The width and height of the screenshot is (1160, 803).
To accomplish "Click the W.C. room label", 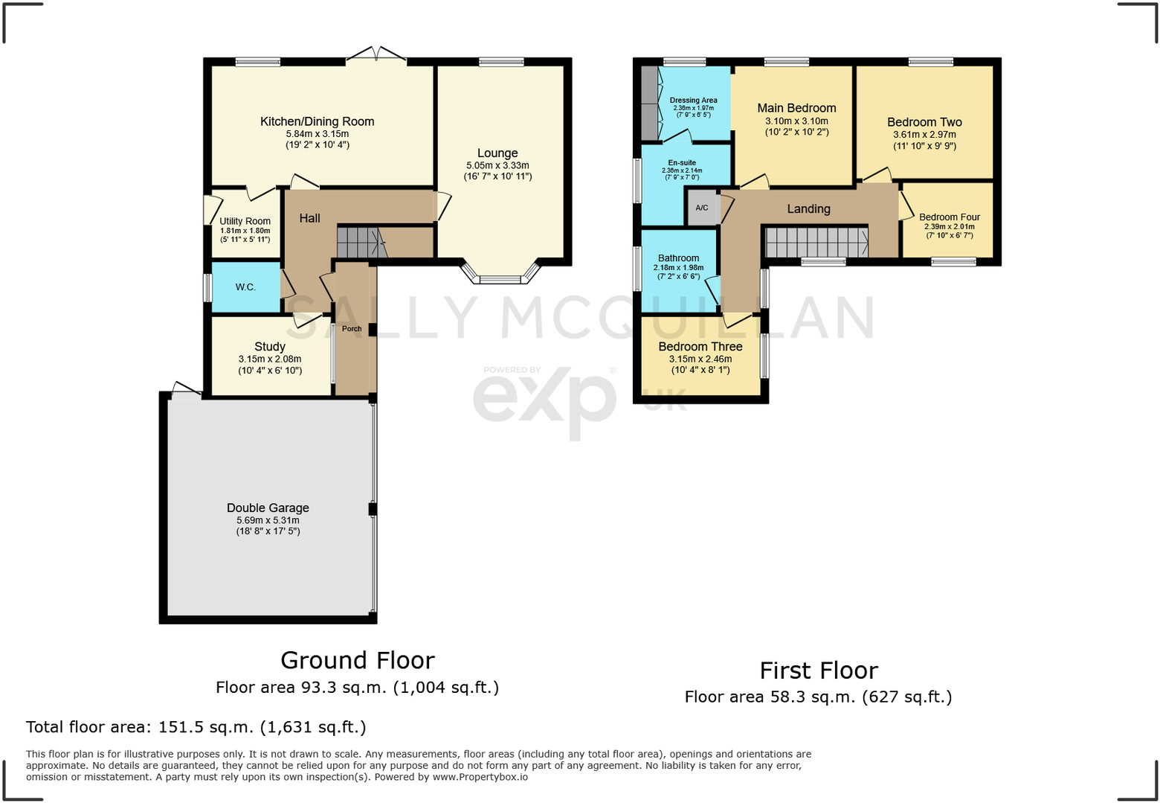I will tap(245, 287).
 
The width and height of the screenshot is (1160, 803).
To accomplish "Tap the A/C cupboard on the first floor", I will tap(702, 208).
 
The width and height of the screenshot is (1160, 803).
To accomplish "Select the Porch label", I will tap(352, 328).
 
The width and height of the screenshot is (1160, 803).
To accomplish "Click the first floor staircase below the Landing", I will tap(816, 243).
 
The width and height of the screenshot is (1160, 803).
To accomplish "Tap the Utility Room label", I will tap(245, 221).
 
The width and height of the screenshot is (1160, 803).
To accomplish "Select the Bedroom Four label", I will tap(949, 217).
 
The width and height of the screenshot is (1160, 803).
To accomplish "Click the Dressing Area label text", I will tap(693, 100).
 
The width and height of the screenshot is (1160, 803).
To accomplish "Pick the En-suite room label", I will tap(682, 163).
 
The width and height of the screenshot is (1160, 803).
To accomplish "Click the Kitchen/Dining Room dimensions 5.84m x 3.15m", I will tap(318, 134).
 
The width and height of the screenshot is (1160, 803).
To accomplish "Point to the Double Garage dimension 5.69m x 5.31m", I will tap(268, 520).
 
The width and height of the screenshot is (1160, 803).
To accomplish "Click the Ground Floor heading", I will tap(357, 660).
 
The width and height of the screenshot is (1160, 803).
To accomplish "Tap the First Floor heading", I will tap(818, 671).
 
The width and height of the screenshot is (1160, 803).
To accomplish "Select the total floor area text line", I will tap(196, 727).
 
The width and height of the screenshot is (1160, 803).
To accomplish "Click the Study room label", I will tap(269, 347).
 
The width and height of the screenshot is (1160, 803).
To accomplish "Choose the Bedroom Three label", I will tap(700, 347).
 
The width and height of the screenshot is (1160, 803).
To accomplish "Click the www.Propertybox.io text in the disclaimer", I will tap(480, 777).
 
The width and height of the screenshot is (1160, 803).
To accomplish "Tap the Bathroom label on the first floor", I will tap(678, 258).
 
